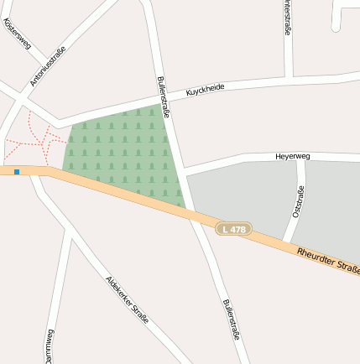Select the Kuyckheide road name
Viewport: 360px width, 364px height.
[x=206, y=89]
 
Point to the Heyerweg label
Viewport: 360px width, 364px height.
[x=293, y=157]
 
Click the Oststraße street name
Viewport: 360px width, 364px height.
[x=298, y=202]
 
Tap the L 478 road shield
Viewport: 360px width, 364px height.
[x=234, y=228]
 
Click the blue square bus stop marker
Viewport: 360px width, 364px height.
[x=17, y=172]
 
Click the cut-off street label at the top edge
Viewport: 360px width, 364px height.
[x=288, y=17]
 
